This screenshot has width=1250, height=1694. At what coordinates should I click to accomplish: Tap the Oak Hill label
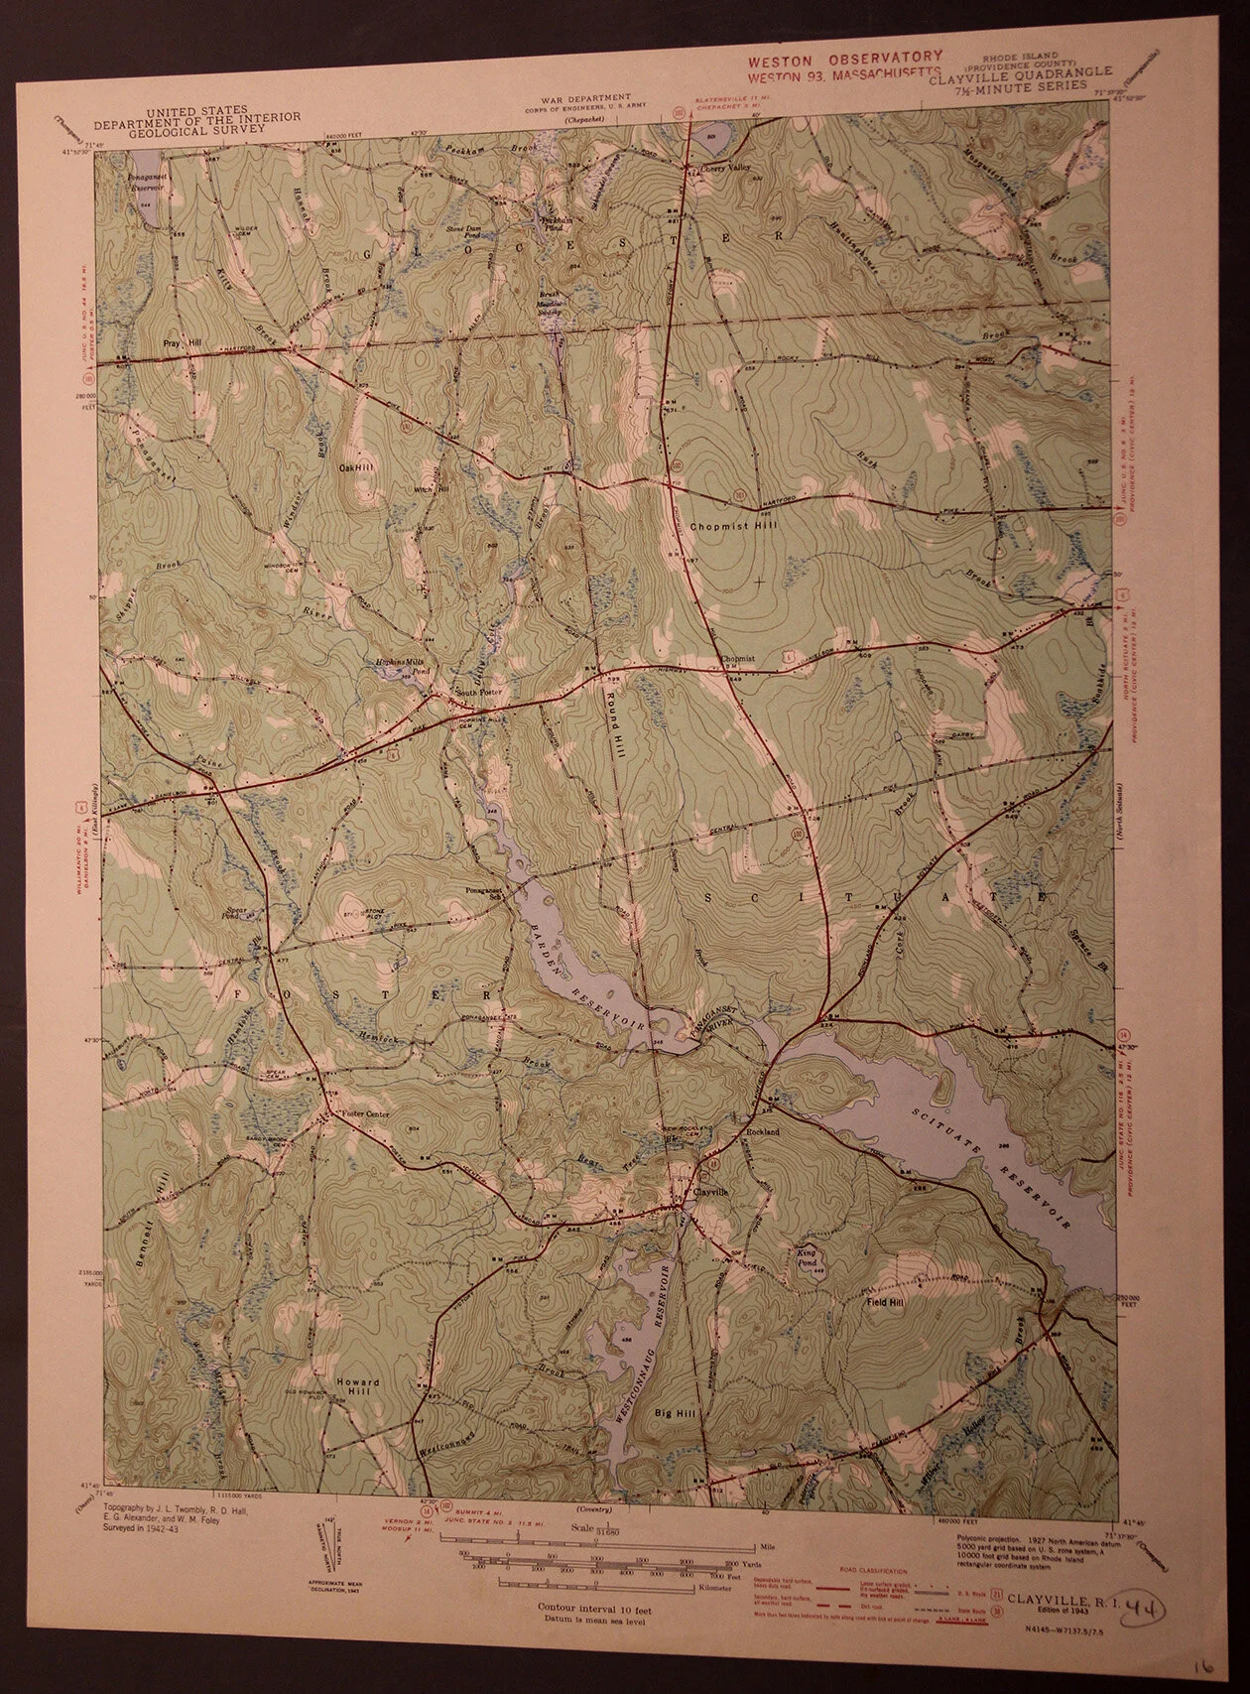356,466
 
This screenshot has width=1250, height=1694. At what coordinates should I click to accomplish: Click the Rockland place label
763,1132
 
